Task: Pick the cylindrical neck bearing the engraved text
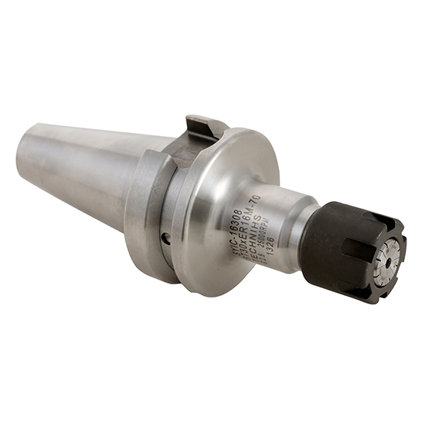270,224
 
